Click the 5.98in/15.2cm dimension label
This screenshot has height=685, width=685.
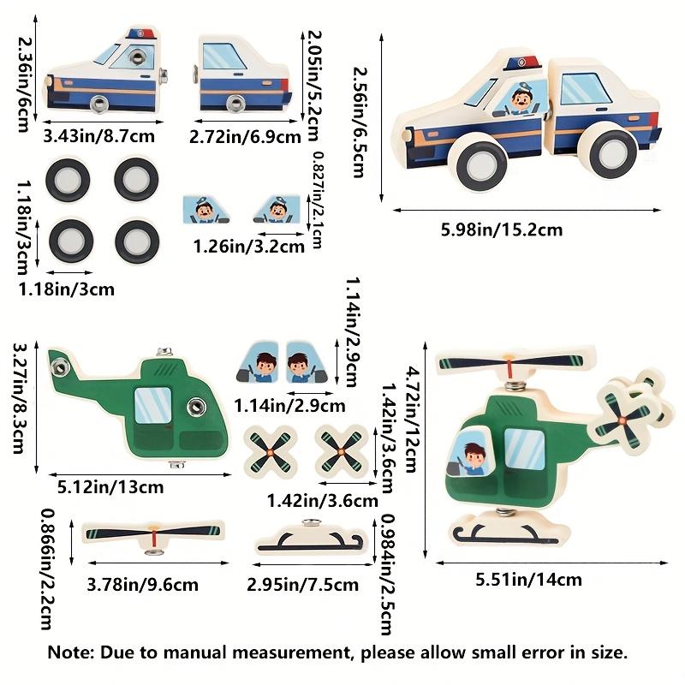501,229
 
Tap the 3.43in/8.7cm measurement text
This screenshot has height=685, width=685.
99,136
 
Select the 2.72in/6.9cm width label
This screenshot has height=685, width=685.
245,137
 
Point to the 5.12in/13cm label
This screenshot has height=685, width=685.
110,486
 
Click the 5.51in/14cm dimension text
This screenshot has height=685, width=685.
528,580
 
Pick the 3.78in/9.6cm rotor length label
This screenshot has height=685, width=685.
142,585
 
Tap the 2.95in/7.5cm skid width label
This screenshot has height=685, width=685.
303,585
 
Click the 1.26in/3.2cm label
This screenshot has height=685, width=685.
248,247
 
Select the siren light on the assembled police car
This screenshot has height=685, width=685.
522,63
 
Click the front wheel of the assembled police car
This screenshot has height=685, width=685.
481,164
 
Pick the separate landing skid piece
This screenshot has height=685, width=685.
309,539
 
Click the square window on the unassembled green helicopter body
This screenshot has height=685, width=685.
152,405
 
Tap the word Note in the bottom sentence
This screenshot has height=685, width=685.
70,652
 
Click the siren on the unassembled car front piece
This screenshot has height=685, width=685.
141,34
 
